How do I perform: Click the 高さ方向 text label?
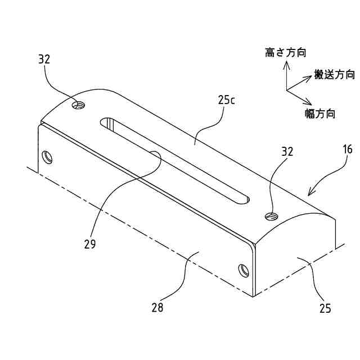pyautogui.click(x=286, y=53)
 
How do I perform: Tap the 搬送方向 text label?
pyautogui.click(x=334, y=74)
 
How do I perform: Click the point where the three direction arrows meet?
pyautogui.click(x=287, y=90)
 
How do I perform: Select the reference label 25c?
pyautogui.click(x=226, y=100)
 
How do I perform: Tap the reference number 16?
pyautogui.click(x=347, y=149)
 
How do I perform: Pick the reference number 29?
pyautogui.click(x=89, y=244)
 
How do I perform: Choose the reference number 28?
pyautogui.click(x=157, y=307)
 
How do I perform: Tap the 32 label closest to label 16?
pyautogui.click(x=287, y=151)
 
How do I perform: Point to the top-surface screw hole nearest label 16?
pyautogui.click(x=272, y=215)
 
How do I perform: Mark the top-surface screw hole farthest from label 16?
pyautogui.click(x=79, y=105)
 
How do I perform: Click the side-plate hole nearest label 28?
pyautogui.click(x=243, y=270)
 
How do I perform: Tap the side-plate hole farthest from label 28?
pyautogui.click(x=47, y=156)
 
